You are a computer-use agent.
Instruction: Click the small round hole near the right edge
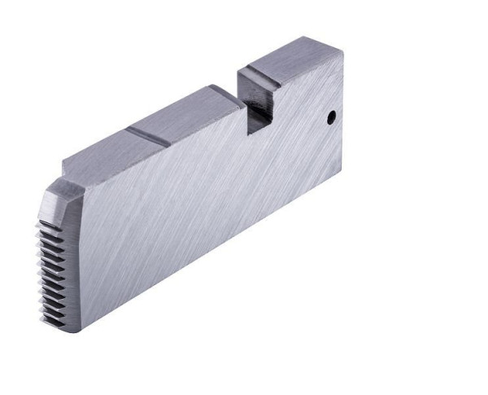[x=331, y=117]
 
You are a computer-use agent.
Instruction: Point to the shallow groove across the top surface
[x=149, y=136]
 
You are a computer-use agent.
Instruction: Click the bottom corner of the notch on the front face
[x=247, y=134]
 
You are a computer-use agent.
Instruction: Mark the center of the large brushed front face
[x=203, y=195]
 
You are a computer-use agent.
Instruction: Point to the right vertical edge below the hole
[x=342, y=155]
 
